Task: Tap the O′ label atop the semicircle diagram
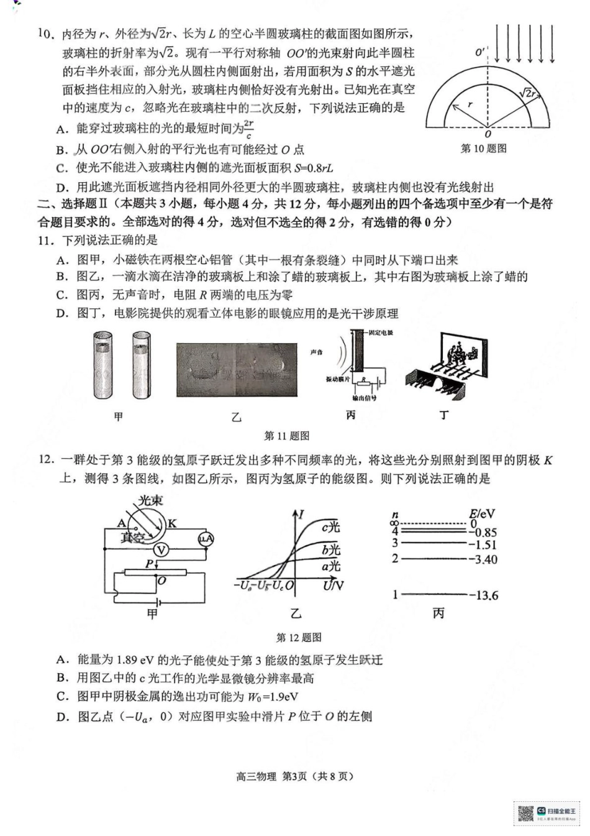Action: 480,52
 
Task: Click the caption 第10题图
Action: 483,149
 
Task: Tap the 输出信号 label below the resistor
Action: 364,397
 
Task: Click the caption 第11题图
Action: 286,436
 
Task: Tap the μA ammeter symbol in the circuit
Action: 206,539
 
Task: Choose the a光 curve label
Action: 331,566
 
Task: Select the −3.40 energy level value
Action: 483,559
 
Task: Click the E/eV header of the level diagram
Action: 482,513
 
